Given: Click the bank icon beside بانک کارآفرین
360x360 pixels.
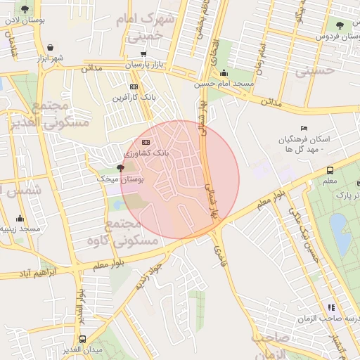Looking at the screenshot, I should pos(134,86).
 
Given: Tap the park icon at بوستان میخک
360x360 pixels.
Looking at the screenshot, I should pos(120,168).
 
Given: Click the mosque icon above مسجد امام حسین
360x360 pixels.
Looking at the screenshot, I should pos(224,72).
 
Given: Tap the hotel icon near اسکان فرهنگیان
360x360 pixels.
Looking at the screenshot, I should pos(303,128).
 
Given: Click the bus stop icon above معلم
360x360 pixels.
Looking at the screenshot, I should pos(330,169).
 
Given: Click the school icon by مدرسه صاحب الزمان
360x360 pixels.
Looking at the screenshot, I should pos(330,307).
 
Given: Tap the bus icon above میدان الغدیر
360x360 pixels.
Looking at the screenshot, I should pos(82,339).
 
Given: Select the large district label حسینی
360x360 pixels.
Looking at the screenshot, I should pos(313,71).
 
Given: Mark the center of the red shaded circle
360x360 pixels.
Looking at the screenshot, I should pos(180,180).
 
